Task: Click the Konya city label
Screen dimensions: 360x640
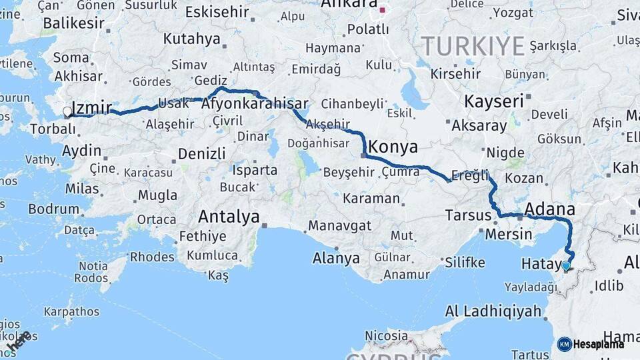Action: point(393,147)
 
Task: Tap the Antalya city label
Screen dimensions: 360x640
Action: point(229,217)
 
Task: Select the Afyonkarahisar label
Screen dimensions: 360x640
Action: point(255,104)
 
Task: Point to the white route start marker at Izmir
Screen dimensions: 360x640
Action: point(67,111)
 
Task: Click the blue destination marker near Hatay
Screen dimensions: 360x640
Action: point(566,266)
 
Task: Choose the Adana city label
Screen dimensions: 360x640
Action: point(549,209)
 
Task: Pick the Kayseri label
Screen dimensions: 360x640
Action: point(493,102)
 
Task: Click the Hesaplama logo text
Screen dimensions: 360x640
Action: point(598,344)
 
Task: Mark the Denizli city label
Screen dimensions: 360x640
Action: point(202,154)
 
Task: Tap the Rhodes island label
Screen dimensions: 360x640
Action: point(152,257)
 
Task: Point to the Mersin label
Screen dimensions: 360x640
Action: point(508,234)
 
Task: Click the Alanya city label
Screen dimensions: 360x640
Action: point(337,259)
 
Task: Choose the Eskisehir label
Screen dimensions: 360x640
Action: point(217,11)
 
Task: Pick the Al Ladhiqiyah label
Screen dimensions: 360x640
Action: point(493,310)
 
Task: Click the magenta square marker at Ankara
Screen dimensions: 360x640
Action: point(382,9)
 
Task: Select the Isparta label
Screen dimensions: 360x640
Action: point(255,170)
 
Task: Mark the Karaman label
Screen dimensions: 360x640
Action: point(371,199)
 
